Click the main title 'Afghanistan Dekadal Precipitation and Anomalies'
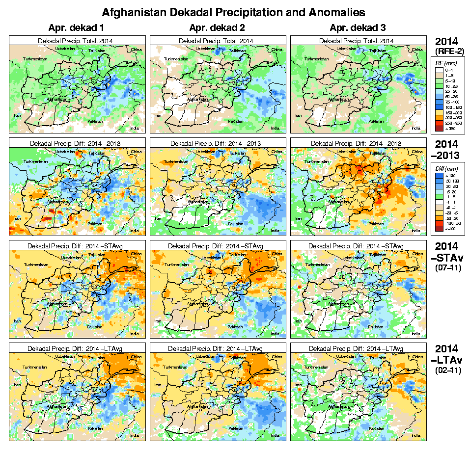tap(233, 11)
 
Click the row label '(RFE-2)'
tap(447, 51)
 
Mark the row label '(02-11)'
tap(447, 371)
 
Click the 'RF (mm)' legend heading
tap(447, 63)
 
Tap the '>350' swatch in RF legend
tap(439, 129)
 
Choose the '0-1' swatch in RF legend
tap(439, 70)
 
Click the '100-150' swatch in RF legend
tap(439, 106)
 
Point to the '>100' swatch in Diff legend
tap(439, 175)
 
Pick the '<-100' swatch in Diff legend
tap(439, 228)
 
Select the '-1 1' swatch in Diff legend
tap(439, 202)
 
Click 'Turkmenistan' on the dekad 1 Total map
tap(34, 59)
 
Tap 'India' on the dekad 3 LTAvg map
tap(416, 435)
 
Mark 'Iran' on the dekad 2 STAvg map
tap(158, 321)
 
